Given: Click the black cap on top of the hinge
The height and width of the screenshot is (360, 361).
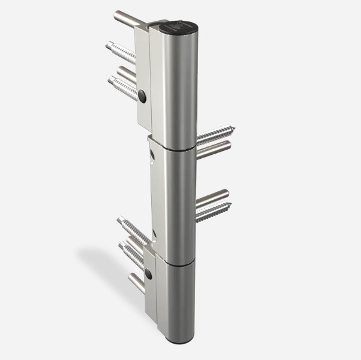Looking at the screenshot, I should tap(175, 28).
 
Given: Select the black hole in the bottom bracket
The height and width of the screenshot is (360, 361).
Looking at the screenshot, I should tap(149, 275).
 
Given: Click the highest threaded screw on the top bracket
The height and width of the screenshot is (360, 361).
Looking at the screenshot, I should tap(121, 51).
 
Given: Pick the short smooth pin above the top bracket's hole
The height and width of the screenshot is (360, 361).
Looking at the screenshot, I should tap(128, 71).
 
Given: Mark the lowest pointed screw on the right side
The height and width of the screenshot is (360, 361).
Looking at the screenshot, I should tap(214, 210).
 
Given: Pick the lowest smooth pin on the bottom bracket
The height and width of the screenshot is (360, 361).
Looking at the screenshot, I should tap(136, 282).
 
